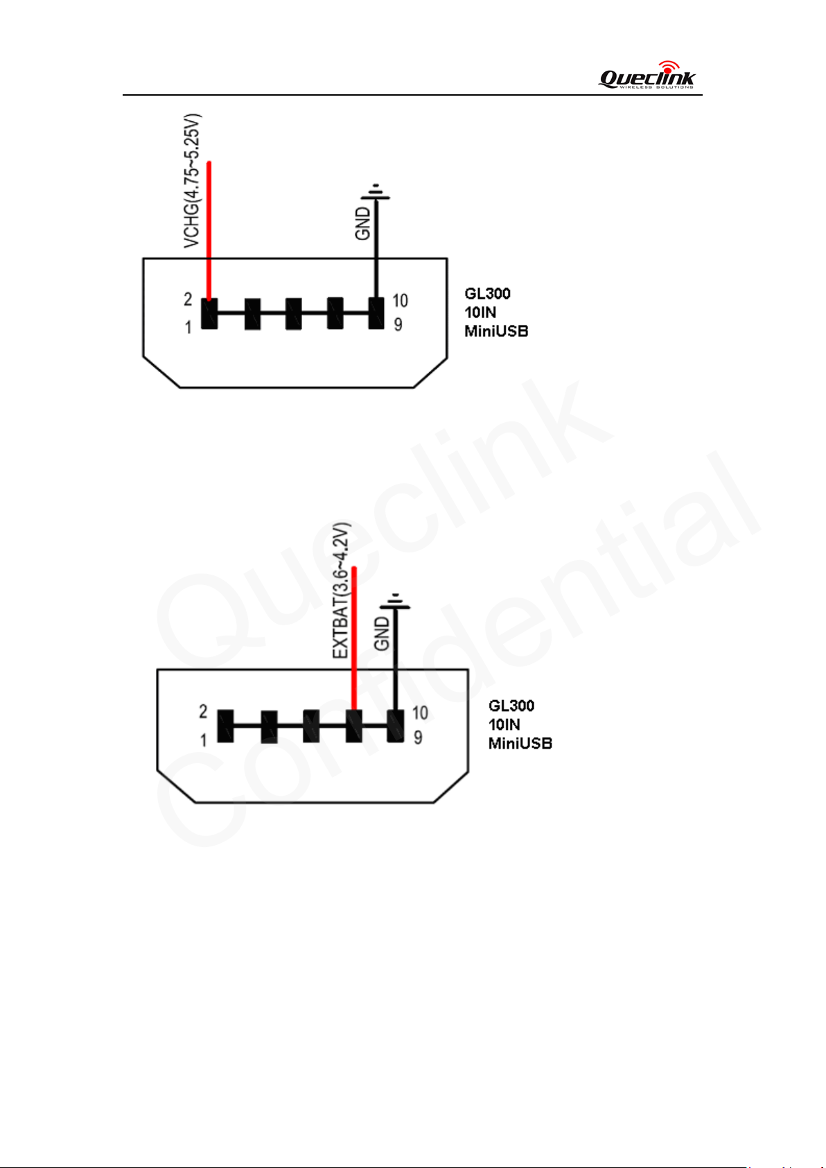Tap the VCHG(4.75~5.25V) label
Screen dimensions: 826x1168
(x=192, y=180)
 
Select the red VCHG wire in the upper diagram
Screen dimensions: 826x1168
(x=209, y=231)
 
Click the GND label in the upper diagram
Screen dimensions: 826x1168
(x=362, y=224)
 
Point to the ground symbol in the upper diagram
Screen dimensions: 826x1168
(x=376, y=192)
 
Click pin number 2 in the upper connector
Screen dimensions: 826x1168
(x=188, y=299)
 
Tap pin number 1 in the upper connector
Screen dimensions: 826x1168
(x=188, y=327)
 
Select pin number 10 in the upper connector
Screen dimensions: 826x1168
(x=400, y=300)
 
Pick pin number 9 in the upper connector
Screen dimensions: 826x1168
(x=398, y=325)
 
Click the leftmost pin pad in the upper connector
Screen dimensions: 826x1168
(x=209, y=313)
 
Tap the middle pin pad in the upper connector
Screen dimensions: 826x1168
(x=293, y=314)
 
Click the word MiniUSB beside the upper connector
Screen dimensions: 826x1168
(x=496, y=331)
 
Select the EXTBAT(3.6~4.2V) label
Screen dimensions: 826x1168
(x=341, y=591)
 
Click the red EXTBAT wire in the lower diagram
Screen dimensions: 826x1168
(x=354, y=638)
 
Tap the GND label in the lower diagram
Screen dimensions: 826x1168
(x=382, y=634)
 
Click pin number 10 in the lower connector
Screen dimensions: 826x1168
(x=420, y=713)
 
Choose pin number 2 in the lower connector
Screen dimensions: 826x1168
(x=203, y=712)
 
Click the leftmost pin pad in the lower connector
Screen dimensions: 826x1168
(x=225, y=725)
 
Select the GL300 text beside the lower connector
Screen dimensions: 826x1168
(x=511, y=706)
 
